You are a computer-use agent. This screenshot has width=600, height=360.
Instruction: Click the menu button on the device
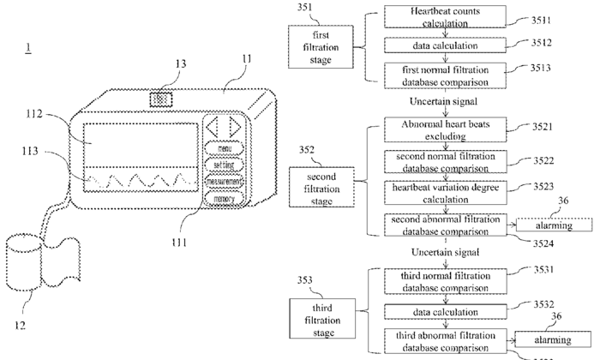coord(224,148)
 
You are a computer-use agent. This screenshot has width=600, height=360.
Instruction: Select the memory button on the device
coord(224,198)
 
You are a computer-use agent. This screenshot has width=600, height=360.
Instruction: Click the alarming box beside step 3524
coord(554,225)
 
